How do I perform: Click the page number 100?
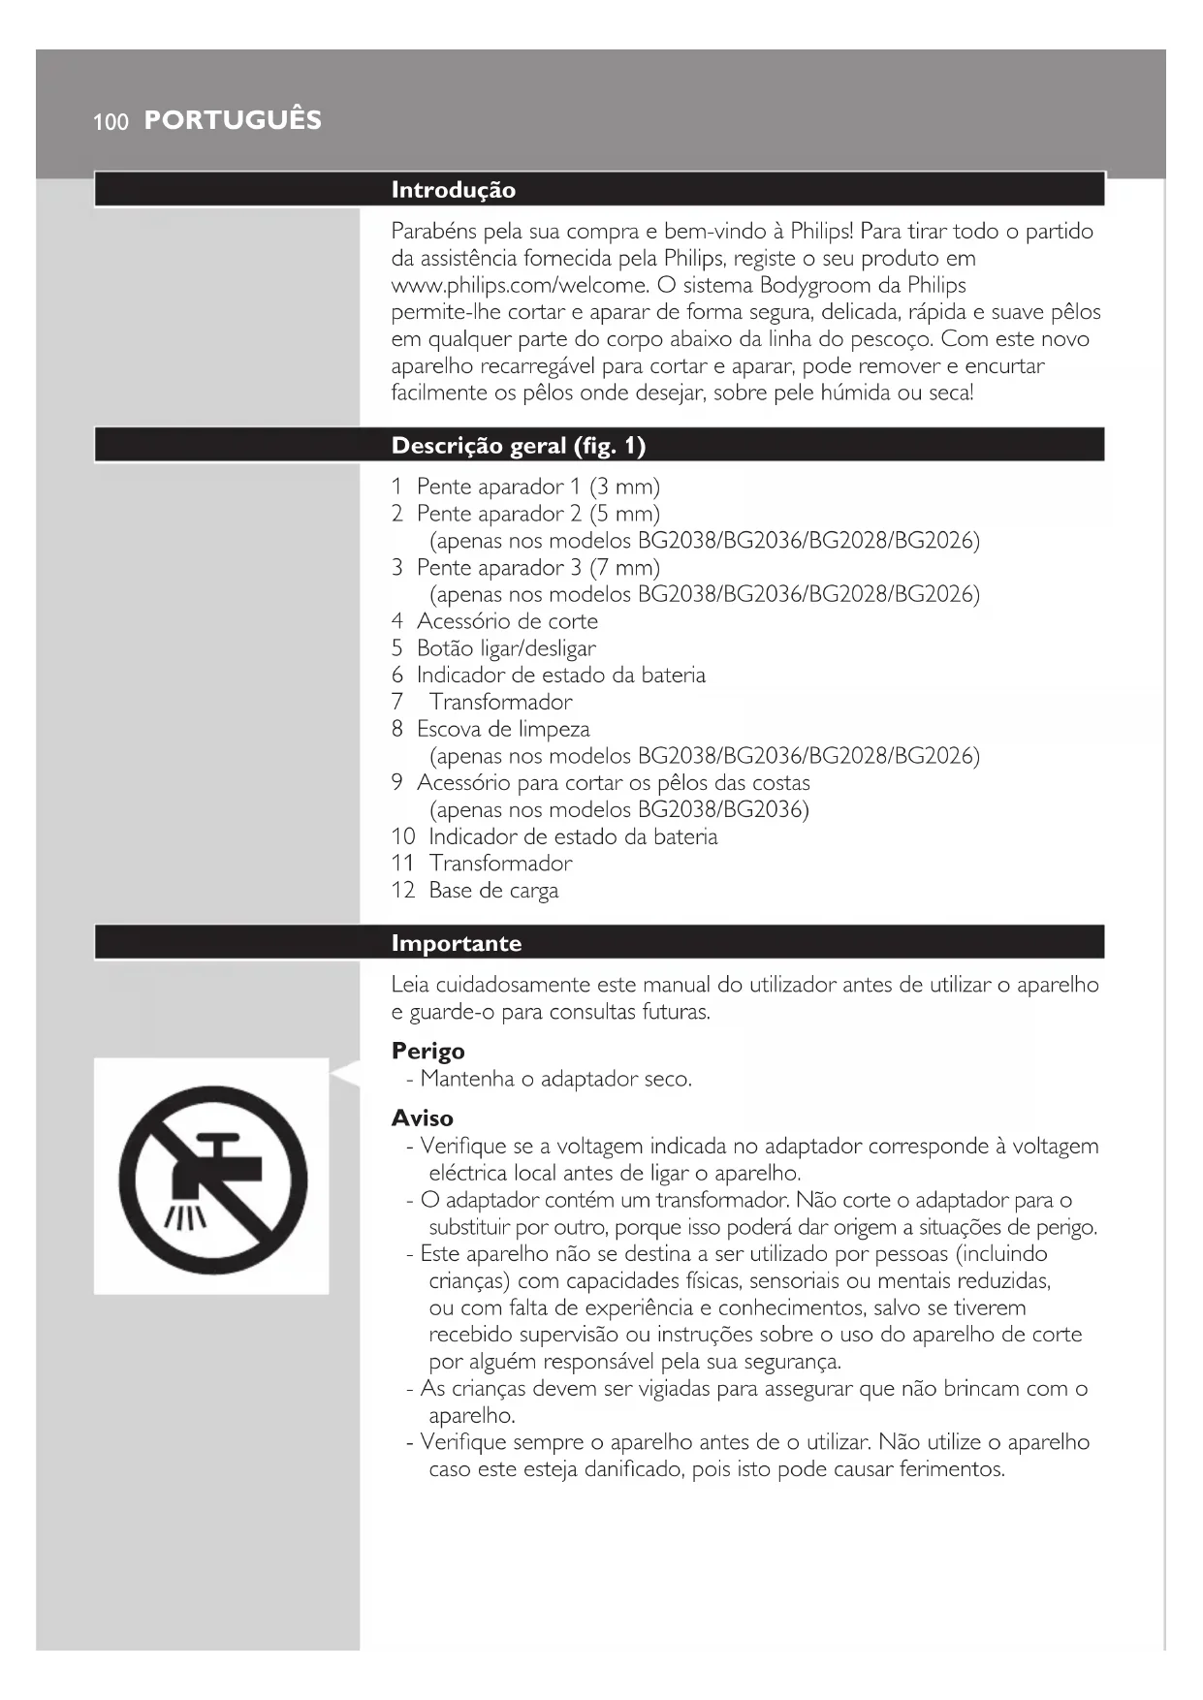tap(111, 122)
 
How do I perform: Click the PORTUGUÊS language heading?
tap(233, 120)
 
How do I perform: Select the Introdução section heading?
tap(453, 190)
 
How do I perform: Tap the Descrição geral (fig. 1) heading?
tap(518, 446)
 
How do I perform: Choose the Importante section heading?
tap(456, 943)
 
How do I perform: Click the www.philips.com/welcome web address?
tap(520, 285)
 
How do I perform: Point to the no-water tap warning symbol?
tap(212, 1180)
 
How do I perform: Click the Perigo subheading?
tap(427, 1051)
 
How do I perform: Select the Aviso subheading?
tap(422, 1118)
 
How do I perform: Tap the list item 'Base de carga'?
tap(493, 890)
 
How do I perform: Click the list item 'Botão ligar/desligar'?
tap(506, 647)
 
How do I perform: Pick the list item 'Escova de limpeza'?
tap(503, 728)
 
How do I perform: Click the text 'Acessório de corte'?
tap(507, 620)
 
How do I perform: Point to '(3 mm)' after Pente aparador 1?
tap(624, 487)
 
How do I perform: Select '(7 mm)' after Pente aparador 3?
tap(624, 567)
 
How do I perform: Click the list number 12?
tap(403, 890)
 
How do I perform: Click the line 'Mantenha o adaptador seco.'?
tap(555, 1079)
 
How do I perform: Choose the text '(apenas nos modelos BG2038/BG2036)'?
tap(618, 809)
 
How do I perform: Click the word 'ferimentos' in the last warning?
tap(950, 1468)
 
